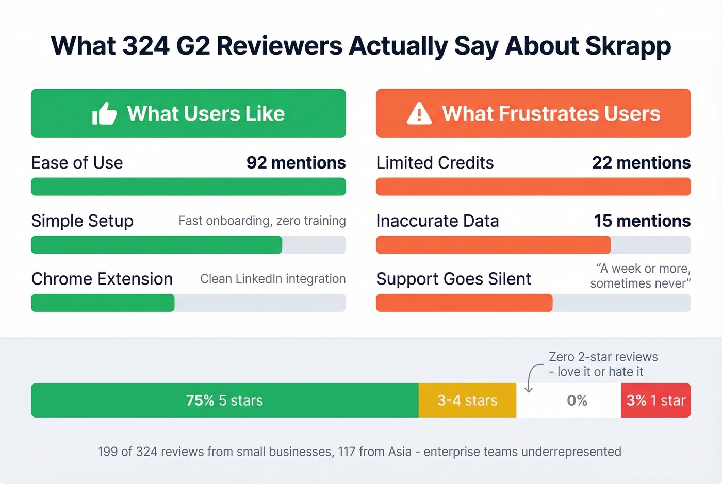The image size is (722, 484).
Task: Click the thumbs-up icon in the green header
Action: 104,113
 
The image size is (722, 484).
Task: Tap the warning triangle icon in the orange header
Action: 419,113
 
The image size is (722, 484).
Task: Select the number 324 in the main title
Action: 146,46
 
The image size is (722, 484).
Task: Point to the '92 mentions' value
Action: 296,163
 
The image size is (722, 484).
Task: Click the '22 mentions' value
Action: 641,163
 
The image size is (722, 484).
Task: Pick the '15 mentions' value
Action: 642,221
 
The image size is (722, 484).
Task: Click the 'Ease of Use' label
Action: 77,163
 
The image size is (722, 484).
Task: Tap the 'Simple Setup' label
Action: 82,221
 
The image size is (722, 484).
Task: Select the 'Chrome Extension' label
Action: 102,279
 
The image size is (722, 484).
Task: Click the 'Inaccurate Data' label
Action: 437,221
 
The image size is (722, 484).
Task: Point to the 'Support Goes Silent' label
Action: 453,279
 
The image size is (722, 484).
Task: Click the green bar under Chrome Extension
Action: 103,303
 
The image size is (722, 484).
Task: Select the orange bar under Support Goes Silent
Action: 464,303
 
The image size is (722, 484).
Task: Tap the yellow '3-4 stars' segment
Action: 467,400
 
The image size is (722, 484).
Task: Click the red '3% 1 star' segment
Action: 655,400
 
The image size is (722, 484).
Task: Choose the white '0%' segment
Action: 577,400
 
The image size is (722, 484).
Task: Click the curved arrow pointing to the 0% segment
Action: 532,378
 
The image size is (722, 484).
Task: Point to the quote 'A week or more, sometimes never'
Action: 640,276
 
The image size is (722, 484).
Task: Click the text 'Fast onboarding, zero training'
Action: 262,221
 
